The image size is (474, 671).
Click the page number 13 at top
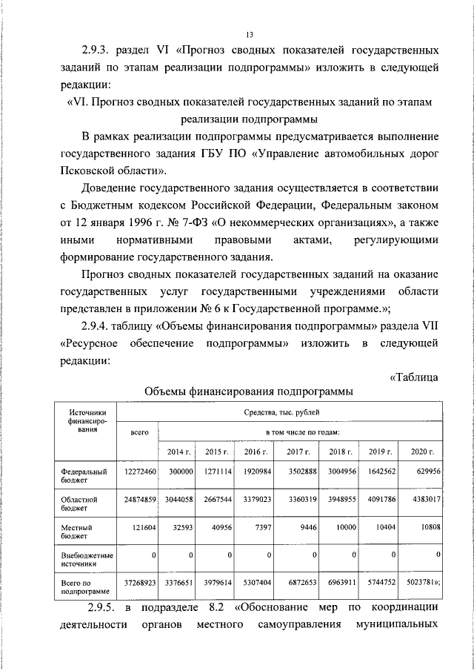coord(250,33)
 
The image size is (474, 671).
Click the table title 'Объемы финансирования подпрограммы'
coord(247,391)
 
